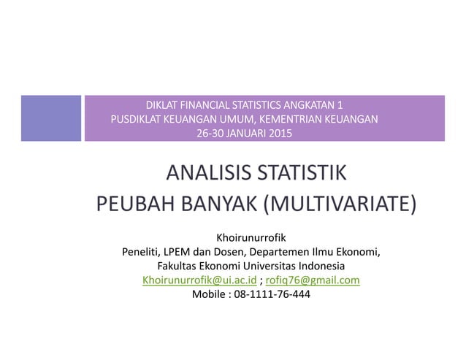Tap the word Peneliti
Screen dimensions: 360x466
point(141,252)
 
